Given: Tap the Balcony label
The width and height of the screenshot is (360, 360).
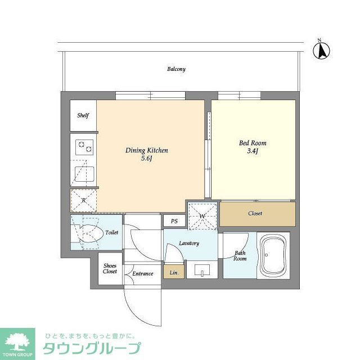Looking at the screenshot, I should click(x=176, y=69).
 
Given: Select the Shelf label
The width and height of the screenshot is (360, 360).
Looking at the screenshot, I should click(x=83, y=116).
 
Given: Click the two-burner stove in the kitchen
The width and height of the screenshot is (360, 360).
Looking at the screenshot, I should click(x=83, y=147).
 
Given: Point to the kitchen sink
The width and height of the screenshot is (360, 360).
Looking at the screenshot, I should click(x=83, y=172).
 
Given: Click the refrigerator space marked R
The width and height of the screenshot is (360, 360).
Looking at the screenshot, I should click(x=83, y=200).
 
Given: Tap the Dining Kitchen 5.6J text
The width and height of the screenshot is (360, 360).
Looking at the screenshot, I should click(x=146, y=155).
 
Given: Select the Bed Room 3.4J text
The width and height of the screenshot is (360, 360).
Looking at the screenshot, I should click(x=253, y=147).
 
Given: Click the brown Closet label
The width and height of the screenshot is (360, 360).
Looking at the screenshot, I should click(x=255, y=214).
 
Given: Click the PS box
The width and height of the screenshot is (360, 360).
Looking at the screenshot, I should click(x=174, y=221).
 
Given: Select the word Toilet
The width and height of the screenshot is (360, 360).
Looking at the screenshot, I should click(x=111, y=232).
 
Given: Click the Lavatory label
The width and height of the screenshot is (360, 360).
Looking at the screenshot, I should click(x=189, y=243).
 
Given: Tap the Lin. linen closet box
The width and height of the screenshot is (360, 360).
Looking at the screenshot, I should click(x=174, y=273).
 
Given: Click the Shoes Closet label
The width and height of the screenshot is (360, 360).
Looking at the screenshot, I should click(x=110, y=268).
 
